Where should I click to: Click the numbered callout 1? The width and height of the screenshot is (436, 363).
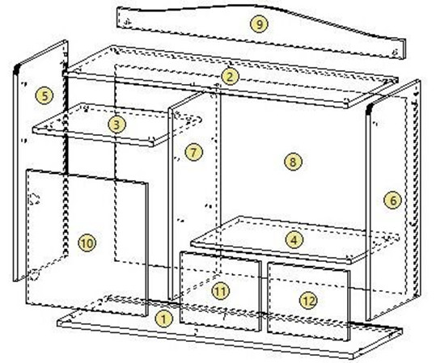pyautogui.click(x=163, y=319)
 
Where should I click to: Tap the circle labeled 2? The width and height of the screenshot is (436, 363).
pyautogui.click(x=230, y=77)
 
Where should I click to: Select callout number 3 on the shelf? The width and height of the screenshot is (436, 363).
pyautogui.click(x=116, y=125)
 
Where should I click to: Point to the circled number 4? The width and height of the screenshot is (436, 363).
pyautogui.click(x=294, y=240)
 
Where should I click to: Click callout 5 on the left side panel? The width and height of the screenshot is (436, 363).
pyautogui.click(x=44, y=96)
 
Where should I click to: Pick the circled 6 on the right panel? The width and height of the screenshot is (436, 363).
pyautogui.click(x=392, y=200)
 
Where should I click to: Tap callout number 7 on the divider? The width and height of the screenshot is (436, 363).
pyautogui.click(x=194, y=152)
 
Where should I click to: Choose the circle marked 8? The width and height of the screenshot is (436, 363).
pyautogui.click(x=293, y=162)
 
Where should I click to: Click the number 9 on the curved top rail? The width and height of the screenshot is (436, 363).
pyautogui.click(x=259, y=24)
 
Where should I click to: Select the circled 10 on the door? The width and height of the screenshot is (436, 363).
pyautogui.click(x=87, y=243)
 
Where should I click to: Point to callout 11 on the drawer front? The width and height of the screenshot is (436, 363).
pyautogui.click(x=221, y=291)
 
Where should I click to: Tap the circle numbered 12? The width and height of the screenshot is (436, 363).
pyautogui.click(x=308, y=301)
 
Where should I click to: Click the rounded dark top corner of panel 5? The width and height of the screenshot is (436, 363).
pyautogui.click(x=17, y=69)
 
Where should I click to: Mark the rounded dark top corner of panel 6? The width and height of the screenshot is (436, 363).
pyautogui.click(x=369, y=109)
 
